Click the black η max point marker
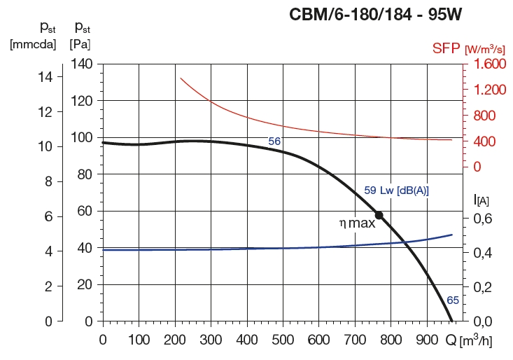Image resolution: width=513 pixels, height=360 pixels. click(x=379, y=215)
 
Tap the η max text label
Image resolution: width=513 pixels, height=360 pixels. click(x=357, y=223)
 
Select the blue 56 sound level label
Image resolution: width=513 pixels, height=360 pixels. click(x=274, y=141)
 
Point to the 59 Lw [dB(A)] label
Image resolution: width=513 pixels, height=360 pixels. click(x=396, y=190)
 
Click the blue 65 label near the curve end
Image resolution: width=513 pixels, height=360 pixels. click(x=453, y=300)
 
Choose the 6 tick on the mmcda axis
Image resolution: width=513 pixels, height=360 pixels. click(x=48, y=216)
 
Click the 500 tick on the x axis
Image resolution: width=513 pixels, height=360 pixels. click(x=283, y=340)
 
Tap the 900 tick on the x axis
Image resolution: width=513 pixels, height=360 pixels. click(x=426, y=340)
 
